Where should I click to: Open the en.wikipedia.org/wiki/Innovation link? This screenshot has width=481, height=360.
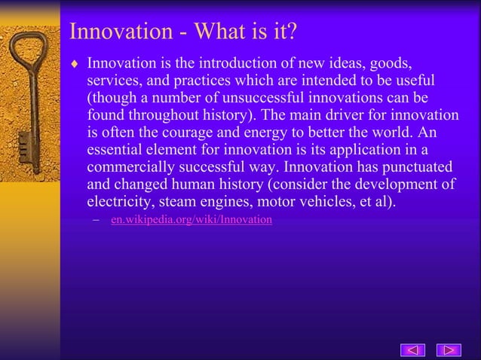click(x=191, y=220)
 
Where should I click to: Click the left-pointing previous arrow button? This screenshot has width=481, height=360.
click(x=412, y=349)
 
